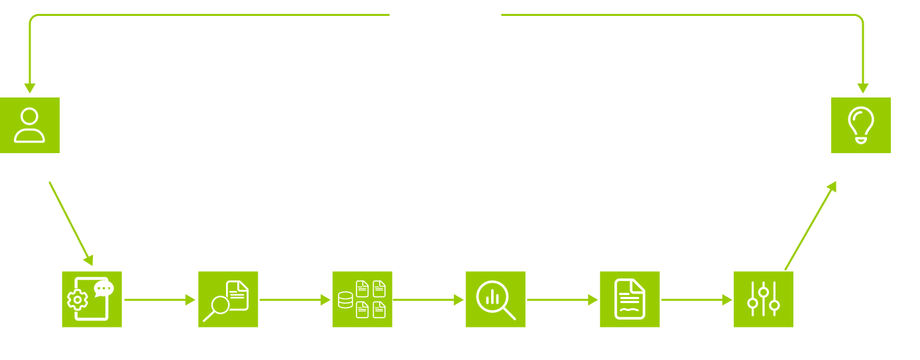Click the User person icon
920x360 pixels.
(30, 125)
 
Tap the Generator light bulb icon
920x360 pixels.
(861, 125)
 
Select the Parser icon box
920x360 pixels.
(91, 300)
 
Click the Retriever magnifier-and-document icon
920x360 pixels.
(228, 300)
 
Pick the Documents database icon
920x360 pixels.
(362, 300)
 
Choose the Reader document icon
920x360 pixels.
(630, 300)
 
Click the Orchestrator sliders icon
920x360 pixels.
(764, 300)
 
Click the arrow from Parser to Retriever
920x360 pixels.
(160, 300)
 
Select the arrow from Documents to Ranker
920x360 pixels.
(428, 300)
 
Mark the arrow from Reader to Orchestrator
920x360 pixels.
(696, 300)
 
